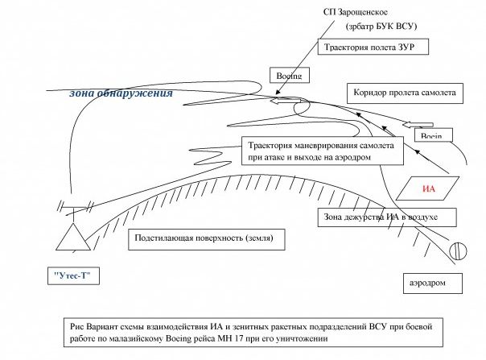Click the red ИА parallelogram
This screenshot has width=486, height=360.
pos(432,189)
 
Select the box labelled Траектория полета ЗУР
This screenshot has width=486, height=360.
pos(369,48)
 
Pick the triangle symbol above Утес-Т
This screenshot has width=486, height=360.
pos(74,237)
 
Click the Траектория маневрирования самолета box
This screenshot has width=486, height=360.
pos(319,151)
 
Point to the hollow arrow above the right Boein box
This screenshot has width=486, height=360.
pos(417,124)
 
